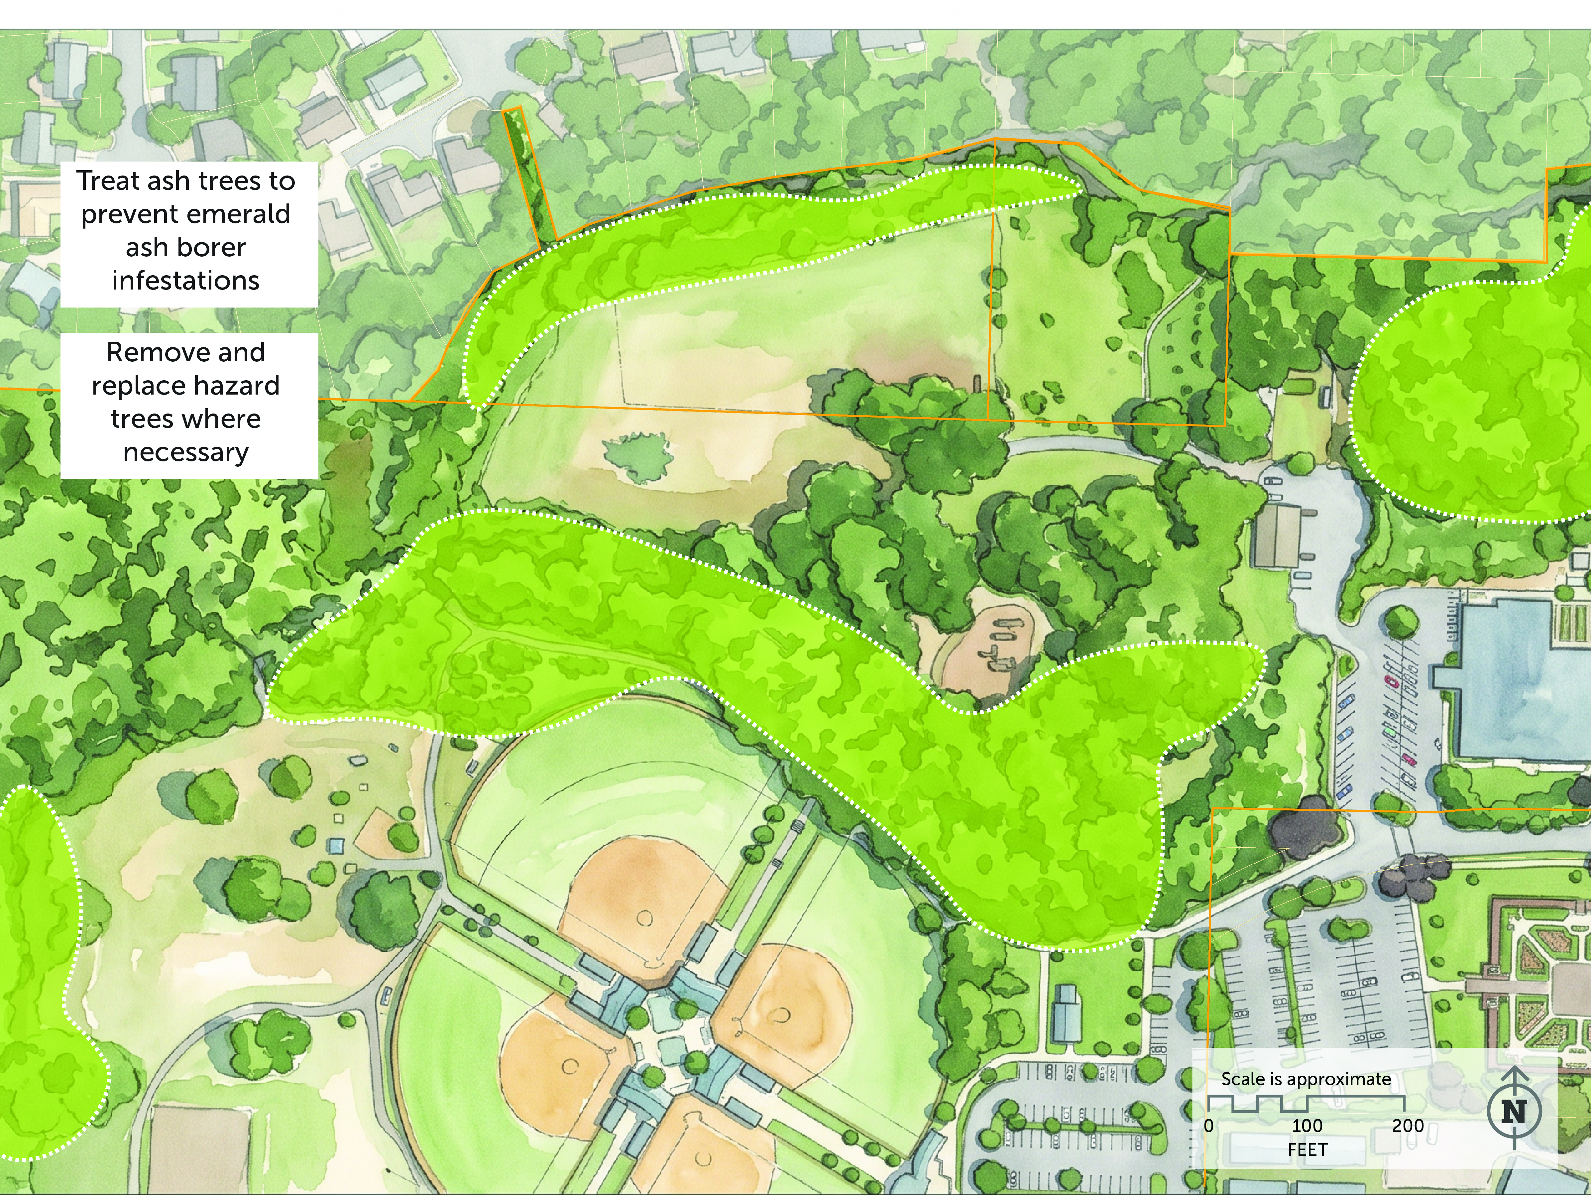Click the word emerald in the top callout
click(x=248, y=214)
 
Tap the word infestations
click(x=185, y=281)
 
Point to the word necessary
click(x=185, y=452)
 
